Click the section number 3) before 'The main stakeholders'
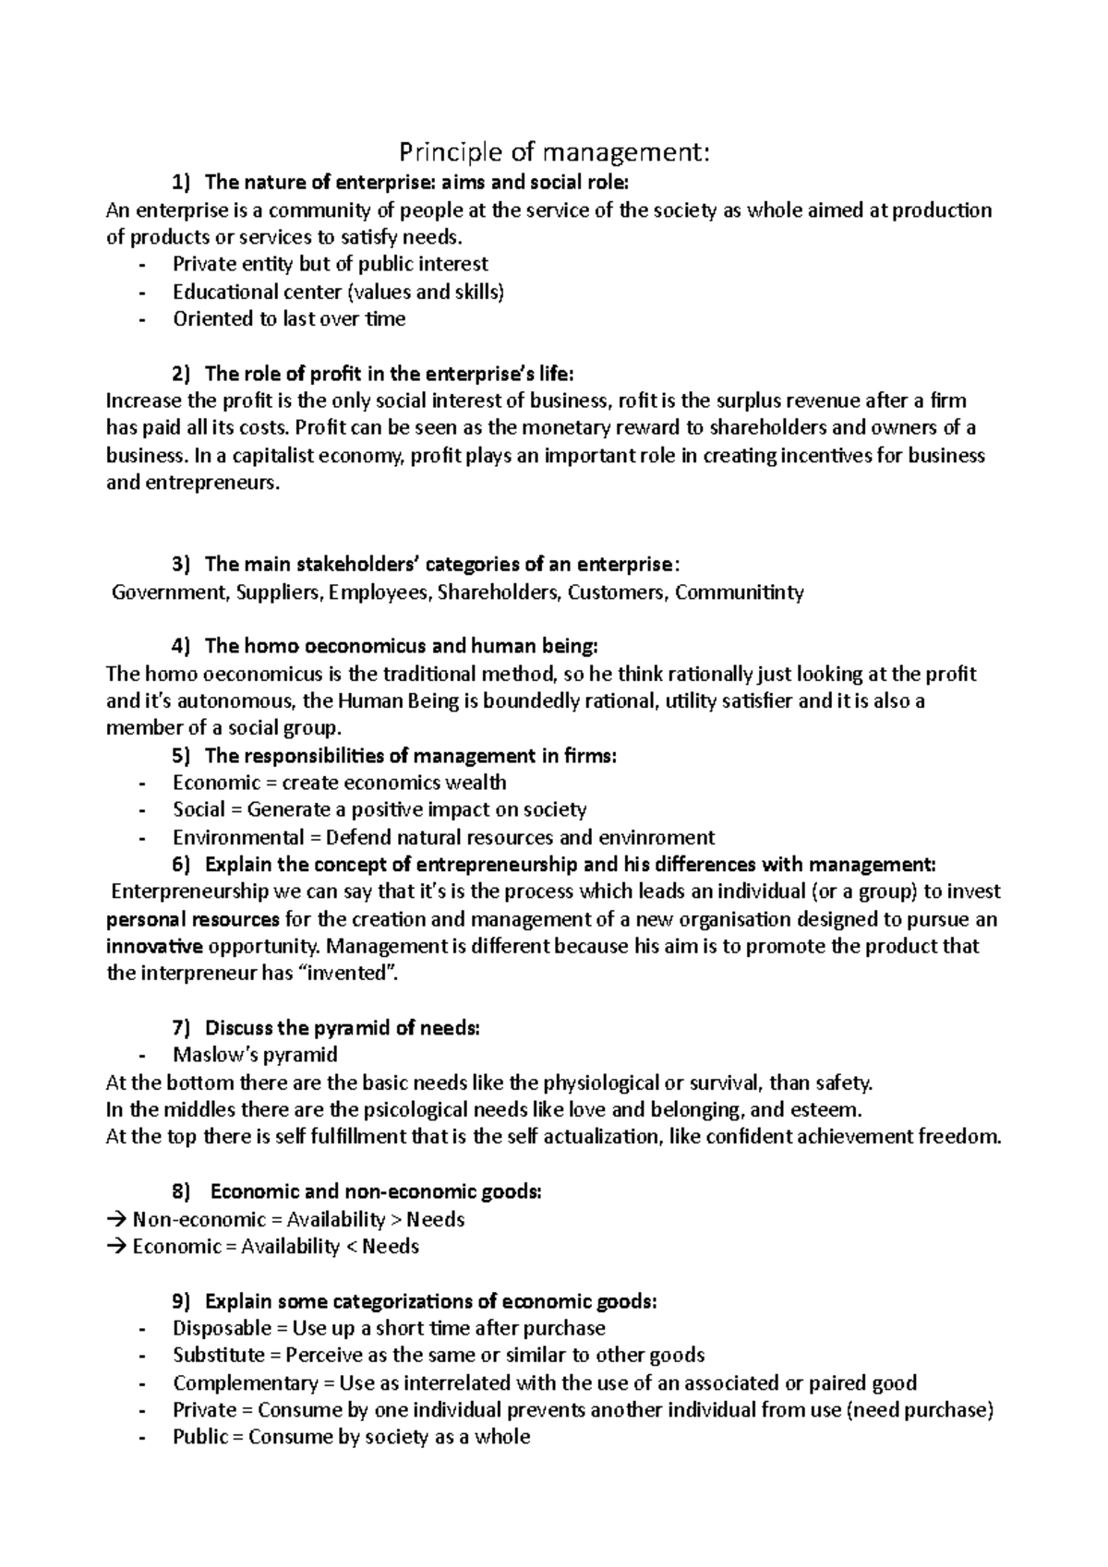[x=180, y=564]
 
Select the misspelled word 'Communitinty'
[x=739, y=592]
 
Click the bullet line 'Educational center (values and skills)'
[x=338, y=292]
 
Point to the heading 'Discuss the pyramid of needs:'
[x=342, y=1028]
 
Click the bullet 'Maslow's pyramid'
[x=255, y=1055]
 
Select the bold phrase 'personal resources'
[x=193, y=920]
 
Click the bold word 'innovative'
[x=154, y=947]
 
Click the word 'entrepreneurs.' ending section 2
[x=192, y=483]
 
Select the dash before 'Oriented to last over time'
[x=141, y=319]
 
